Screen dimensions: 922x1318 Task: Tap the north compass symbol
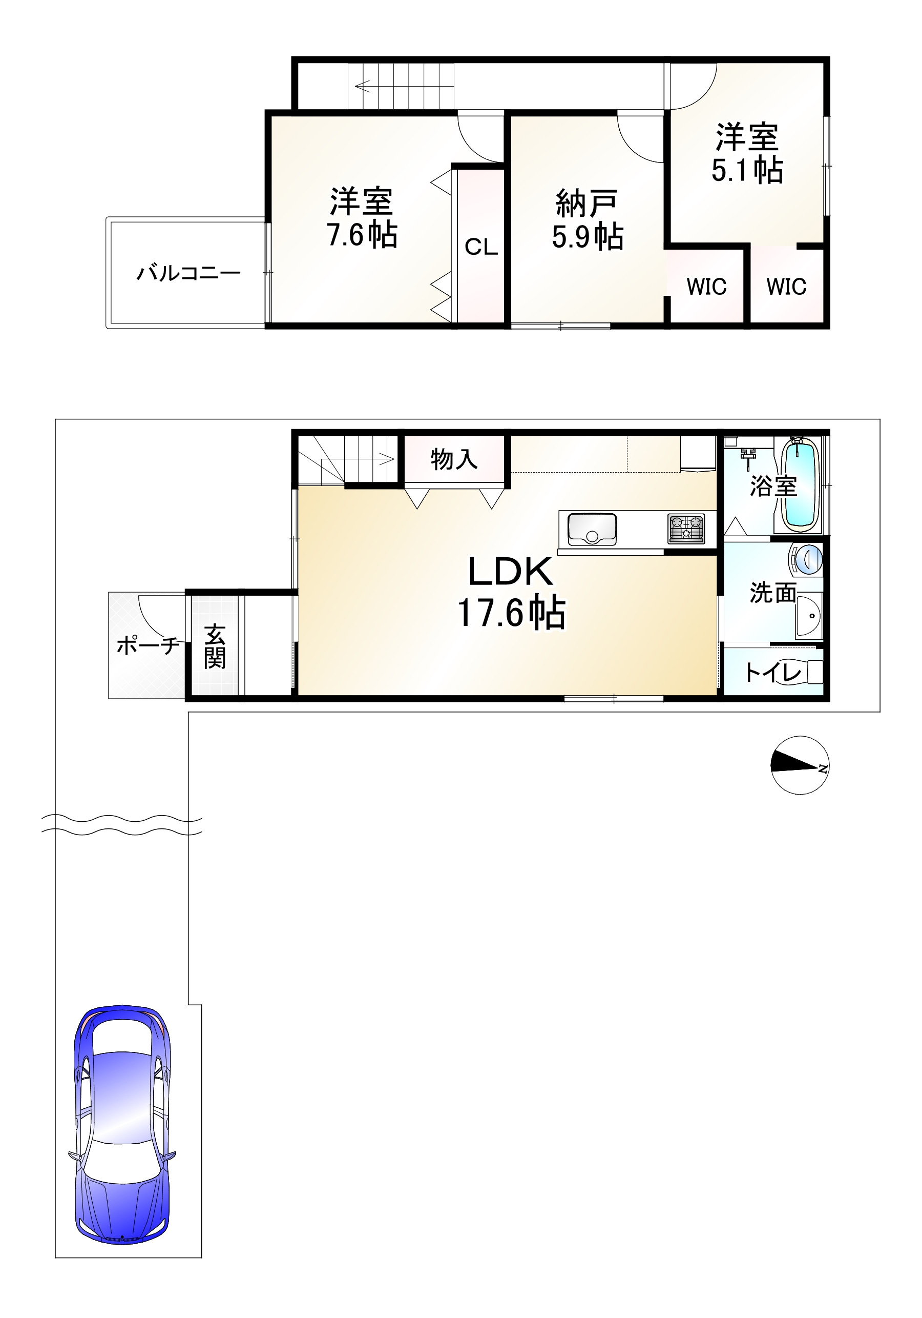pos(800,765)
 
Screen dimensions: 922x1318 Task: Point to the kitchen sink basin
pos(592,529)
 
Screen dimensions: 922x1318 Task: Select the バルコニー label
pos(188,273)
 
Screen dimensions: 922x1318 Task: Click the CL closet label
pos(481,247)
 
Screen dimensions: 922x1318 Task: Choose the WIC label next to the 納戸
pos(706,286)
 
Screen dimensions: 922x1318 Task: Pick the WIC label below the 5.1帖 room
pos(786,286)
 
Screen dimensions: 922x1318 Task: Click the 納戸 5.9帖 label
pos(588,219)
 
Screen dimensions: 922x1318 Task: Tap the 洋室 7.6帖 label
pos(362,217)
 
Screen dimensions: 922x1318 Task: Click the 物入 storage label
pos(454,459)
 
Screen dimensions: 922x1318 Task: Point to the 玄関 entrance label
pos(215,646)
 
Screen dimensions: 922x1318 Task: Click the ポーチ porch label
pos(148,646)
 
